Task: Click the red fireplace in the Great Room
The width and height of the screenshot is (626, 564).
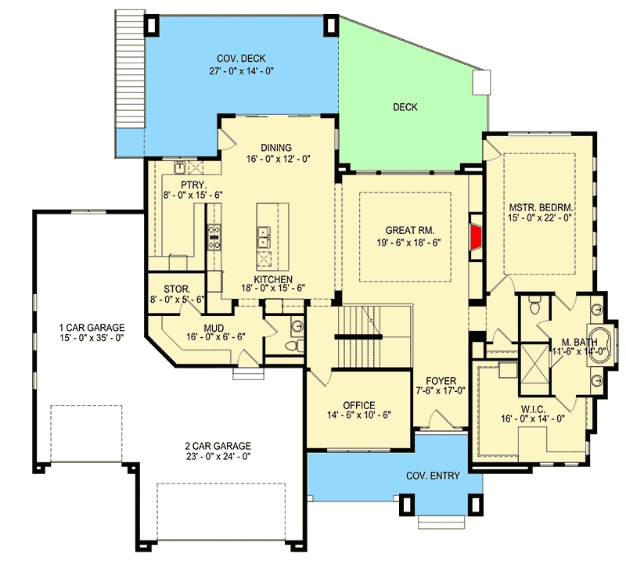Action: [477, 237]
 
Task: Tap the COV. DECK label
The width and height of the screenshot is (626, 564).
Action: [241, 59]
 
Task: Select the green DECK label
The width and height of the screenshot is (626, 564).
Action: [405, 107]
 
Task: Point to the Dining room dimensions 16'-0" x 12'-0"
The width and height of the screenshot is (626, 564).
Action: [279, 159]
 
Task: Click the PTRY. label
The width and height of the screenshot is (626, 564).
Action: [193, 185]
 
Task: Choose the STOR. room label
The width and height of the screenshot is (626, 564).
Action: [177, 289]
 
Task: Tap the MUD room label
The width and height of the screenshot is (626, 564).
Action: [214, 328]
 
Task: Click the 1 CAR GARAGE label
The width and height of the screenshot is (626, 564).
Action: [92, 328]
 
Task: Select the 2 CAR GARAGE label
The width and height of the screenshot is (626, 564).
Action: [218, 446]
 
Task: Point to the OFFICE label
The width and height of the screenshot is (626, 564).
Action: [359, 405]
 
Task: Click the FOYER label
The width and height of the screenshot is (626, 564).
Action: [441, 381]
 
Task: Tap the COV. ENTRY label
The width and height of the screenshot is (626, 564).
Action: [433, 476]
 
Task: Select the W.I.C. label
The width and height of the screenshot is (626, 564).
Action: [533, 410]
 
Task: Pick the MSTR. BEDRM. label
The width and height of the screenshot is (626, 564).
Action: [541, 207]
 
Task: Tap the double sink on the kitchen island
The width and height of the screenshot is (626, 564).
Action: [264, 238]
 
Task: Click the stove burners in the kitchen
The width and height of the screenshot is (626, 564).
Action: [214, 237]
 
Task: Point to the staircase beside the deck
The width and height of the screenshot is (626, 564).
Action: [129, 69]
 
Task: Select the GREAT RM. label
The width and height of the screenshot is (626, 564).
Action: [409, 230]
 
